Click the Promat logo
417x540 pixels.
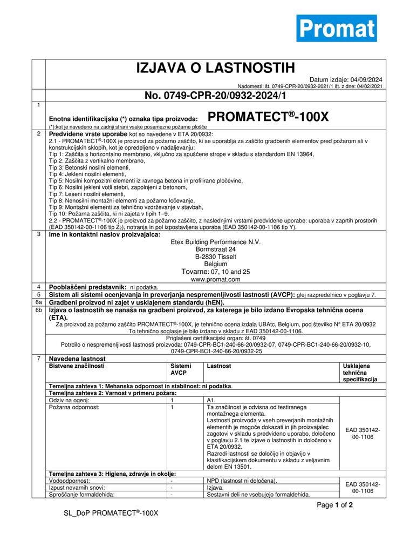336,28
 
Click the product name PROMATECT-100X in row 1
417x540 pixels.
268,117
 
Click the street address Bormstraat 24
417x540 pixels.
215,249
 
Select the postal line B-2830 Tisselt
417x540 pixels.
215,257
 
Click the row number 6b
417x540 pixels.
38,310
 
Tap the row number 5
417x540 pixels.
38,294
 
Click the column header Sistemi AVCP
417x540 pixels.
180,369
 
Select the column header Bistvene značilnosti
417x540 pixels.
77,366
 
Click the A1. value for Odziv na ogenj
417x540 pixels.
211,400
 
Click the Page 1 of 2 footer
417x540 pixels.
335,505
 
